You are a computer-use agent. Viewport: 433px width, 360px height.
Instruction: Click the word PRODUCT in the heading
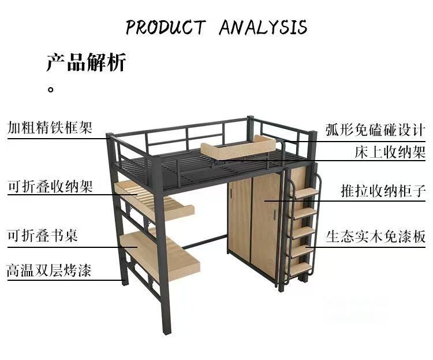pyautogui.click(x=166, y=27)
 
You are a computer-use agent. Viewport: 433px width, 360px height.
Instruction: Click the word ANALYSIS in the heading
pyautogui.click(x=263, y=27)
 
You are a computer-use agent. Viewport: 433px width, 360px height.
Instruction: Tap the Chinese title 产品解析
pyautogui.click(x=86, y=62)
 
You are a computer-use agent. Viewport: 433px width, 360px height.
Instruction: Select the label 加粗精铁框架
pyautogui.click(x=50, y=127)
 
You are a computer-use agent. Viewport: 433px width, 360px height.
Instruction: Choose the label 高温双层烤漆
pyautogui.click(x=50, y=270)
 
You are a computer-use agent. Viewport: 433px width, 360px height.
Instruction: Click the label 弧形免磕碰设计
pyautogui.click(x=375, y=128)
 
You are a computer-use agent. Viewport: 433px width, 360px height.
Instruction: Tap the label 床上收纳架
pyautogui.click(x=390, y=153)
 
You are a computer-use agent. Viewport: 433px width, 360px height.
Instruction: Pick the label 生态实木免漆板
pyautogui.click(x=375, y=236)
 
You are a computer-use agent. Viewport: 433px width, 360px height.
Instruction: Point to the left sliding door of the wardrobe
pyautogui.click(x=240, y=220)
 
